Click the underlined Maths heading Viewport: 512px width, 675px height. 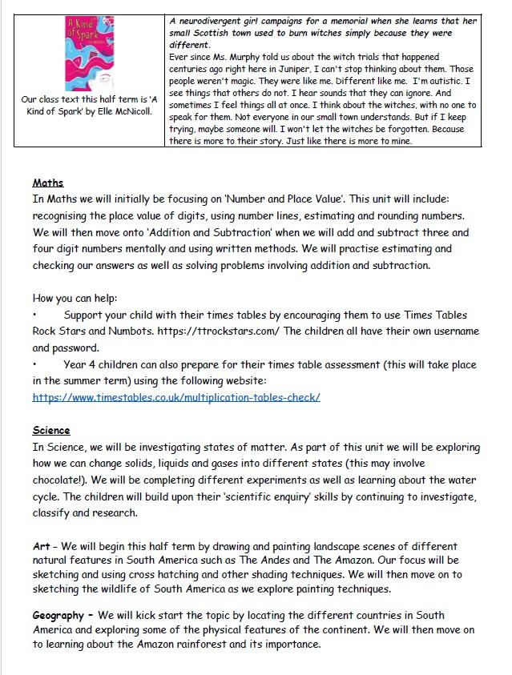click(47, 184)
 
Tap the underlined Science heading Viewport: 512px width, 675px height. click(51, 431)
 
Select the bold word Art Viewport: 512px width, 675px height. click(41, 546)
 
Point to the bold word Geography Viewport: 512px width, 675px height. click(58, 615)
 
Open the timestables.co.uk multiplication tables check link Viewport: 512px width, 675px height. click(176, 397)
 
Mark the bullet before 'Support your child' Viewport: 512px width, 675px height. click(35, 315)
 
